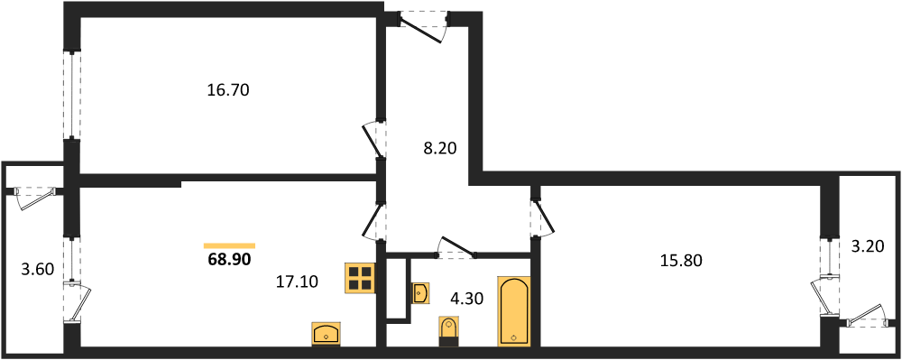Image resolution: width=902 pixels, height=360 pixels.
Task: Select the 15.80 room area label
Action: tap(681, 261)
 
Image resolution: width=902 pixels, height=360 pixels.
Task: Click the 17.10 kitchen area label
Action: tap(296, 281)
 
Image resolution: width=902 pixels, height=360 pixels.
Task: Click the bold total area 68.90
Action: tap(229, 259)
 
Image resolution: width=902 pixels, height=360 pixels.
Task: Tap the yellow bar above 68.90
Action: tap(229, 245)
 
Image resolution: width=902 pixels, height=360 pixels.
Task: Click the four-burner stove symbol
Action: tap(360, 277)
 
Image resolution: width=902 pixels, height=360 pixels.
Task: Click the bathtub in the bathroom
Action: tap(513, 312)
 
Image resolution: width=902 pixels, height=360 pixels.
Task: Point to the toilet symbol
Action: tap(448, 331)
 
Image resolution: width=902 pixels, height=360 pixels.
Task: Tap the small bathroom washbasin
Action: tap(420, 293)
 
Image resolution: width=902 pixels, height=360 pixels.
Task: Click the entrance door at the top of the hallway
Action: tap(423, 25)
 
